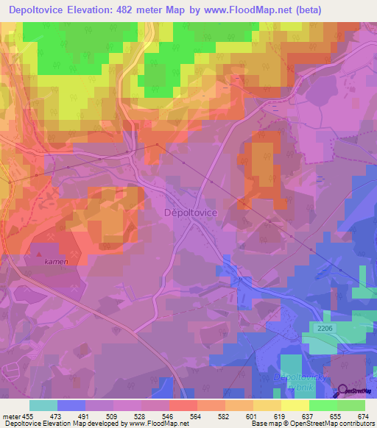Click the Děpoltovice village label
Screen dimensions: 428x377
(189, 211)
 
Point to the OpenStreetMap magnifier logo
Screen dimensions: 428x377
(343, 392)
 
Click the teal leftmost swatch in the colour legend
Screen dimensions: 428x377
(43, 405)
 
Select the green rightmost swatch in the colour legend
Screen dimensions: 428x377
(350, 405)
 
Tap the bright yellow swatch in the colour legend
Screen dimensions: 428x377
(295, 405)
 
